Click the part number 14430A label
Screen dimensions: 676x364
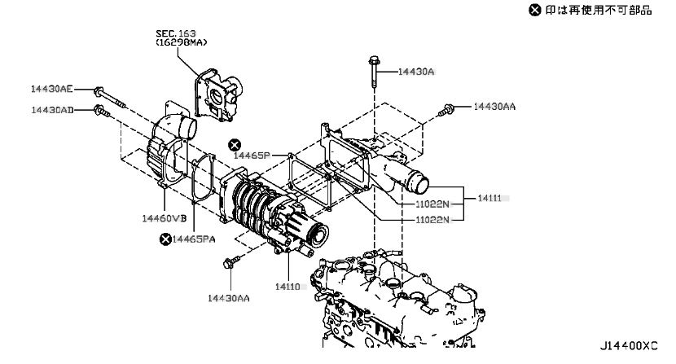[415, 72]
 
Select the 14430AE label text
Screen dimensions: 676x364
[52, 89]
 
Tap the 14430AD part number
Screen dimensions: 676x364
[52, 110]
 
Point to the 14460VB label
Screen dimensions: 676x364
[165, 218]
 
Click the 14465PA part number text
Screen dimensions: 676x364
[194, 239]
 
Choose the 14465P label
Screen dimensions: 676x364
[252, 156]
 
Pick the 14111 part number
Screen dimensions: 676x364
[489, 198]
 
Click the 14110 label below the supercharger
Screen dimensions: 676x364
[288, 287]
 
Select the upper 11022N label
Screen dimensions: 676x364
[432, 204]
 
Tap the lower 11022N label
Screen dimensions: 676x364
[432, 220]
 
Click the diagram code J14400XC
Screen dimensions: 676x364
[629, 346]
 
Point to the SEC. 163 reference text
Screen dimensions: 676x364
[175, 33]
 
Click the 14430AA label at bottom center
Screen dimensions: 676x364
[229, 298]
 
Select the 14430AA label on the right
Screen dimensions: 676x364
[494, 106]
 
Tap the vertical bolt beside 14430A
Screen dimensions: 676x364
[374, 71]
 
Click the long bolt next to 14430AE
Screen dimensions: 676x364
[109, 98]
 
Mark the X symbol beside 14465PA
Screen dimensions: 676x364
[165, 239]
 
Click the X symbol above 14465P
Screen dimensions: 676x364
[235, 145]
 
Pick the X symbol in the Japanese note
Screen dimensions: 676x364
[534, 10]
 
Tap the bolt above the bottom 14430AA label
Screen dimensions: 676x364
[231, 261]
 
